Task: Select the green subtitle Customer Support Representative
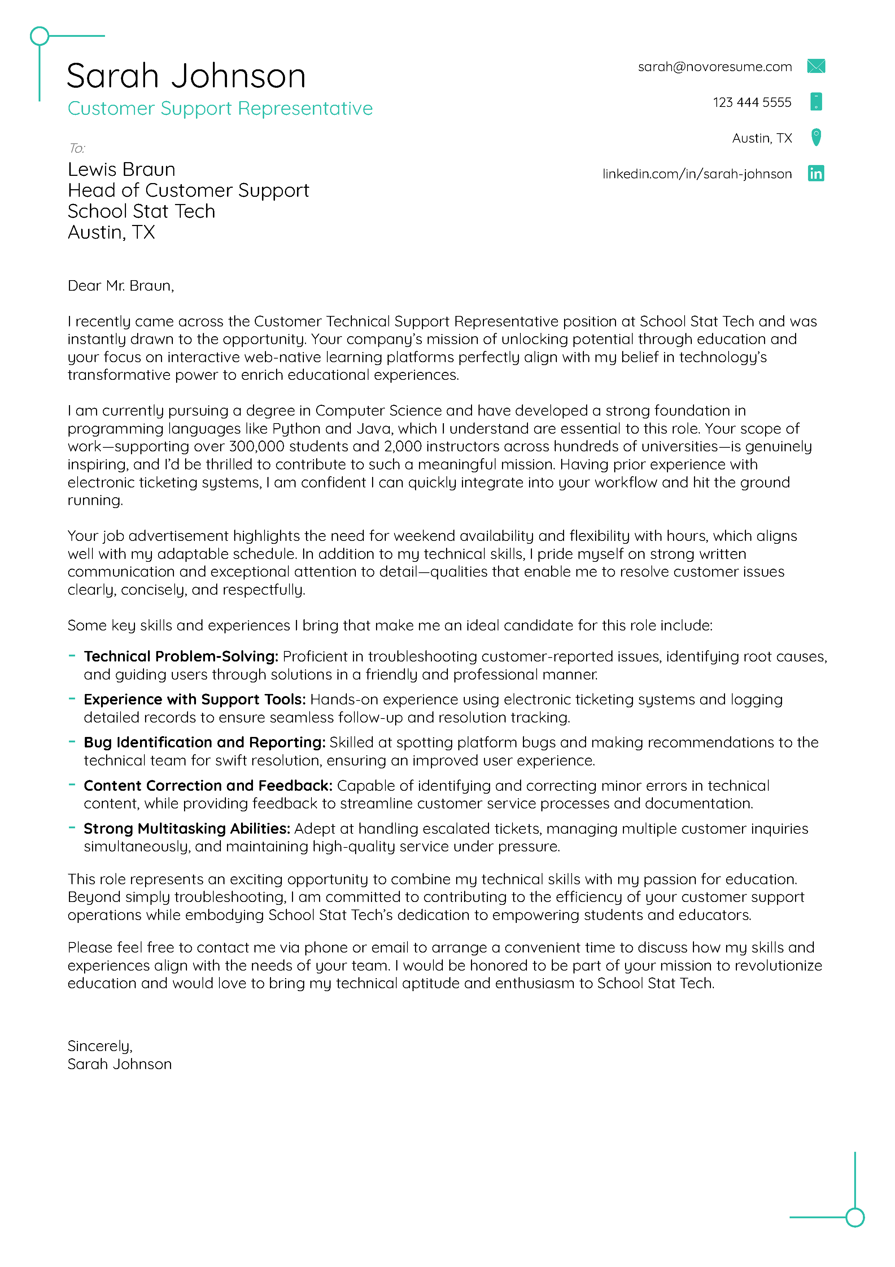[x=220, y=108]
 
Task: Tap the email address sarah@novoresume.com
[x=714, y=67]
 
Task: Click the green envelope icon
[x=816, y=66]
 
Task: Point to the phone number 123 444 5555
[x=752, y=102]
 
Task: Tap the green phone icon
[x=816, y=101]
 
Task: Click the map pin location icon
[x=816, y=137]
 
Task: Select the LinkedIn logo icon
[x=816, y=173]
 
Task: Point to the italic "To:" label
[x=77, y=148]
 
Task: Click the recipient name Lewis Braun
[x=121, y=169]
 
